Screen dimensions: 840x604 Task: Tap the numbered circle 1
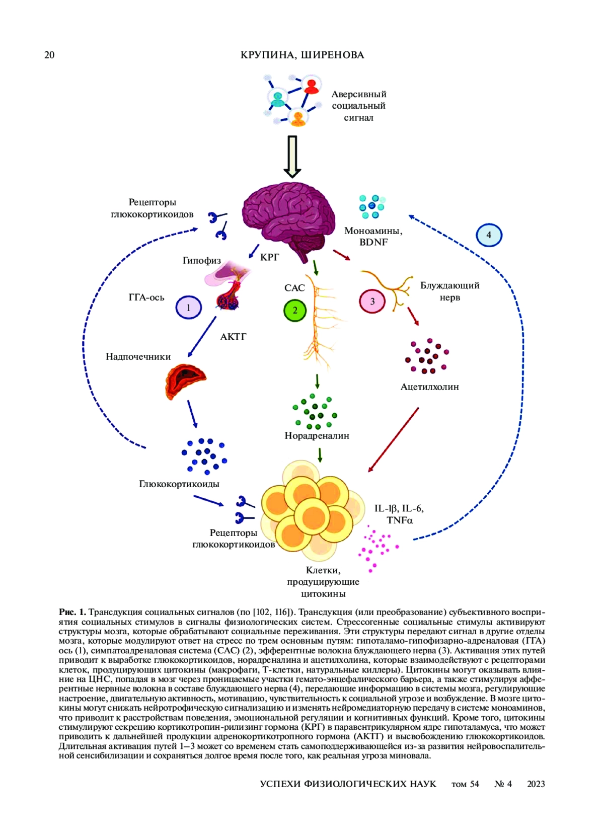coord(189,308)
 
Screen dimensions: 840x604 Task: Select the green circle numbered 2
coord(295,310)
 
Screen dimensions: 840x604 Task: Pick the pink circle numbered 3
coord(372,301)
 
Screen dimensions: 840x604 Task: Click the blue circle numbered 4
coord(489,235)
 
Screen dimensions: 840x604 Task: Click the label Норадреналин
coord(317,436)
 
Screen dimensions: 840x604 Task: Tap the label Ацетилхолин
coord(429,387)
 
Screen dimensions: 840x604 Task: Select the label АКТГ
coord(233,337)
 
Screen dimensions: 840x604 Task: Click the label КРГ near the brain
coord(269,257)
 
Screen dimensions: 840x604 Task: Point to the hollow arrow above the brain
coord(292,157)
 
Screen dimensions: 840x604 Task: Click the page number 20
coord(49,55)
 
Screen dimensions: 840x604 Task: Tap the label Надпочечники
coord(138,357)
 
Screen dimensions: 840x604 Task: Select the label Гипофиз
coord(201,260)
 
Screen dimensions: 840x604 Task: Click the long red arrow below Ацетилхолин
coord(393,440)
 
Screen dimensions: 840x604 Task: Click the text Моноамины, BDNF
coord(373,237)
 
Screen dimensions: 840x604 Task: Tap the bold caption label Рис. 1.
coord(72,612)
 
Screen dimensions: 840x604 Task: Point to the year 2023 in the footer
coord(536,784)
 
